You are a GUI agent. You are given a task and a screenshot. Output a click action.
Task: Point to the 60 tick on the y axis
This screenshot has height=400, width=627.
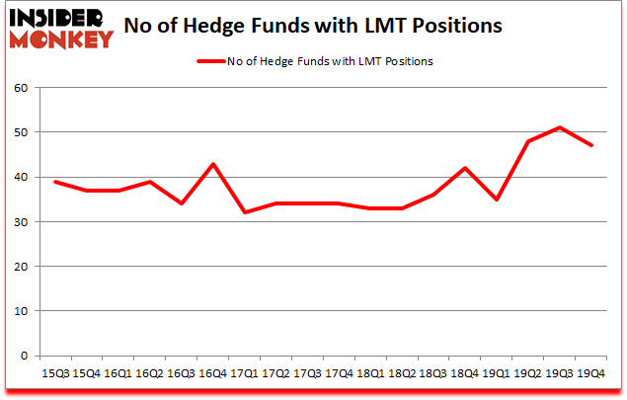tap(22, 88)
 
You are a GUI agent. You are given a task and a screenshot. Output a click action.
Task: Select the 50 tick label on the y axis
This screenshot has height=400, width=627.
tap(22, 132)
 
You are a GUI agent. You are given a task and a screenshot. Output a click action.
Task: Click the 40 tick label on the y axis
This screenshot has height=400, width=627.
tap(22, 178)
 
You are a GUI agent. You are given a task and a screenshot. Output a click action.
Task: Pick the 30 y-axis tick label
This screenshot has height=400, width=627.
tap(22, 222)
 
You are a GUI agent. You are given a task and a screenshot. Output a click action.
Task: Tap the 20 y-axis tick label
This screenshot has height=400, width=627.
tap(22, 267)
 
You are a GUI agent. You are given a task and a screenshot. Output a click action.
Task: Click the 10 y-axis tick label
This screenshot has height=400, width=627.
tap(22, 311)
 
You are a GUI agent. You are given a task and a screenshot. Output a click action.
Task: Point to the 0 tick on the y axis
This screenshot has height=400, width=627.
tap(26, 356)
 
